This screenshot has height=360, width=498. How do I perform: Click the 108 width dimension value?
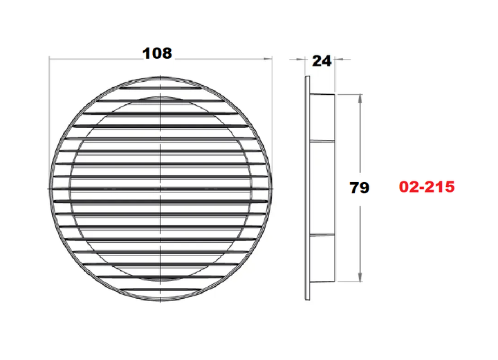157,53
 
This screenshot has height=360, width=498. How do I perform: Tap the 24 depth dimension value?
322,61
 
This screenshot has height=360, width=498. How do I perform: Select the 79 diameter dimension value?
359,188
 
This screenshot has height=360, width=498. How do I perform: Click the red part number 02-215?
427,187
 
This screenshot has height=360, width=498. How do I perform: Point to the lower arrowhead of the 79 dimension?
360,276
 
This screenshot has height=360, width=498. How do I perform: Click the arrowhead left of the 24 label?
300,59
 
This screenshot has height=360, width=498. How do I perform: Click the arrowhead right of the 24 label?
339,59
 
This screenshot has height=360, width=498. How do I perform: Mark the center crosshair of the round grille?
161,189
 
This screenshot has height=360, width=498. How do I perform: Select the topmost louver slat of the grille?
161,87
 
